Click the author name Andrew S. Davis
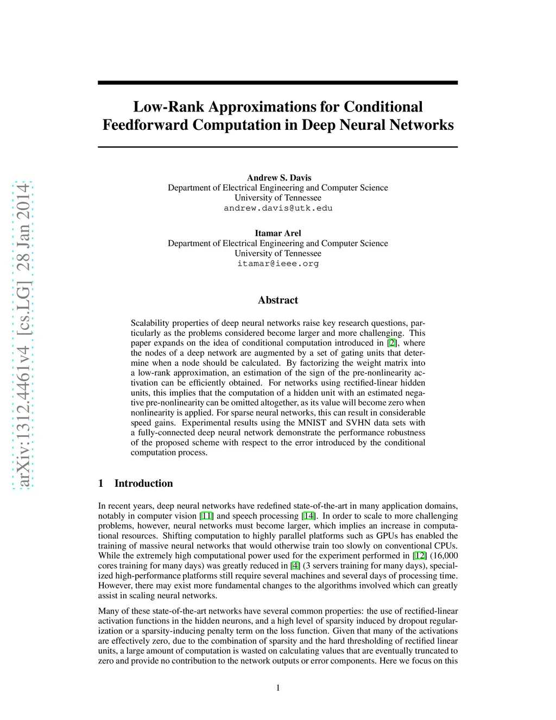click(279, 178)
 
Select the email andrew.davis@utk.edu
click(278, 208)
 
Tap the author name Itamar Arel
click(278, 233)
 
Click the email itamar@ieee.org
click(278, 264)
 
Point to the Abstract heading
click(278, 300)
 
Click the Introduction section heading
click(143, 483)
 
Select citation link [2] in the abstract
click(392, 343)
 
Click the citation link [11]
click(206, 516)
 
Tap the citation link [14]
click(308, 516)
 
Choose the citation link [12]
click(420, 555)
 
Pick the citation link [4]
click(295, 565)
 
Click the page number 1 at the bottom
click(278, 688)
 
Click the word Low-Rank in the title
click(169, 107)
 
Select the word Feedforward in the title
click(146, 125)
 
